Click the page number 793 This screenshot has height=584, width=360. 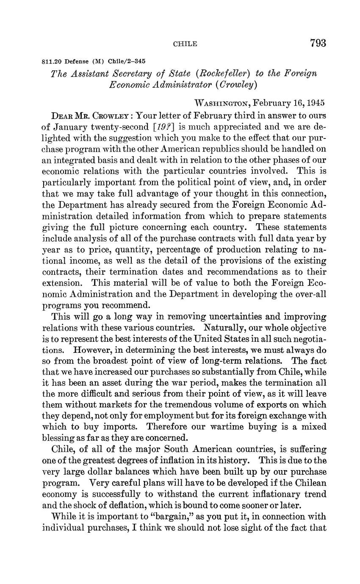tap(318, 43)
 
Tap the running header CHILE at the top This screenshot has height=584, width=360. tap(186, 44)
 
